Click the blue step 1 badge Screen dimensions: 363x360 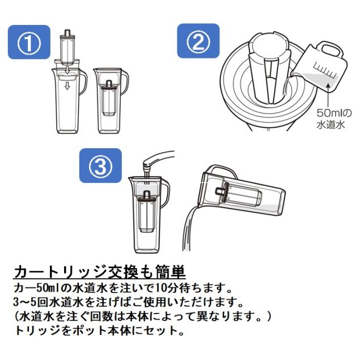[x=29, y=42]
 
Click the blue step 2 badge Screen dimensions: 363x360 [x=198, y=41]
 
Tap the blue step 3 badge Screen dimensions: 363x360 [x=100, y=165]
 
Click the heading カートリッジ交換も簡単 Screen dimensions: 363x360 [x=100, y=272]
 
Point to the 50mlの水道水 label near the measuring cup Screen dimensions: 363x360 [x=334, y=119]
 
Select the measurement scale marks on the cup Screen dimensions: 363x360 [x=324, y=69]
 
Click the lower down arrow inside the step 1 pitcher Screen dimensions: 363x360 [x=67, y=86]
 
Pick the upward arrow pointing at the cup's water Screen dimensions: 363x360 [x=328, y=95]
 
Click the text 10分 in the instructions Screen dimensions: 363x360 [x=165, y=288]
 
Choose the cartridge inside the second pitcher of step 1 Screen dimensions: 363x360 [x=109, y=98]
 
